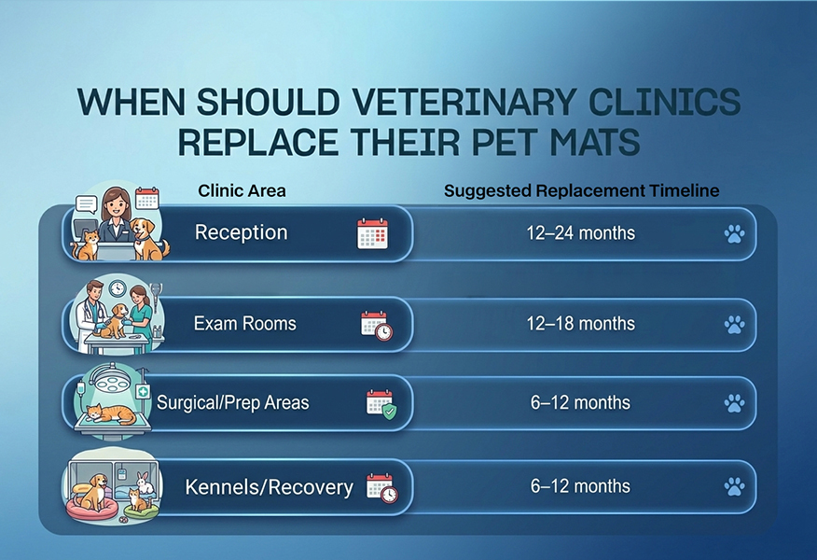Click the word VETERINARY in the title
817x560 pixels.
[x=464, y=102]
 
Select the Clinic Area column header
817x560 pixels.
[x=242, y=190]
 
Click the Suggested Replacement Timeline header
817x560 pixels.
[x=581, y=190]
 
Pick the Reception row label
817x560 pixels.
[x=242, y=232]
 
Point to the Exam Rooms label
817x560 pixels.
[x=245, y=323]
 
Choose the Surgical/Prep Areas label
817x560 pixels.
[x=233, y=402]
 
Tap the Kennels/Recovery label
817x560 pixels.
[x=270, y=487]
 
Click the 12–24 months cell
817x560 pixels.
[x=581, y=232]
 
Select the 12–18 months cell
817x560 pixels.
[x=581, y=323]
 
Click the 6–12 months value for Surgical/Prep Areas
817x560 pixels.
[x=580, y=402]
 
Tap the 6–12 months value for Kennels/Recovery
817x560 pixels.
[x=580, y=486]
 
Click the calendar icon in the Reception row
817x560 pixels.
[x=372, y=233]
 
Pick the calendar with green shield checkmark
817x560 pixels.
[x=381, y=403]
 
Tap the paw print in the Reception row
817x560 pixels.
[x=735, y=233]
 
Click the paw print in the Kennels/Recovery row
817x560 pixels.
[x=735, y=487]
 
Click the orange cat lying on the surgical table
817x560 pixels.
[x=111, y=414]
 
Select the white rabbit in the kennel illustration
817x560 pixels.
[x=145, y=483]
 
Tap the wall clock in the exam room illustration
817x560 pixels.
[x=118, y=288]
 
